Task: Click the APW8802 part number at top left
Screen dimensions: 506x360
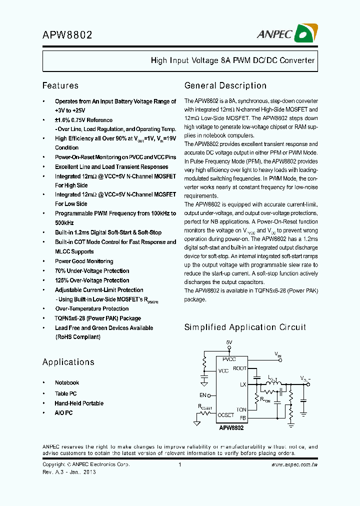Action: (x=67, y=35)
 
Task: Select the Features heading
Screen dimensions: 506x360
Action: (x=60, y=85)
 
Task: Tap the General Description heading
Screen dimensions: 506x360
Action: (x=225, y=85)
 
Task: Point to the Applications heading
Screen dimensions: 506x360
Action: (x=68, y=362)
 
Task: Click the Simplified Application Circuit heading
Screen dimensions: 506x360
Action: (x=245, y=327)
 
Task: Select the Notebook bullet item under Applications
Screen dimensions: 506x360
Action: (x=67, y=382)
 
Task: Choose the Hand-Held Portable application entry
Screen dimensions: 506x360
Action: (x=79, y=403)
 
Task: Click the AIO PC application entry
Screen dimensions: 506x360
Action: (x=63, y=413)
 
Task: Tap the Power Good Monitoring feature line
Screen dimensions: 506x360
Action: (x=84, y=261)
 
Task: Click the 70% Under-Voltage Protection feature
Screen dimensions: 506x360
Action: (x=92, y=271)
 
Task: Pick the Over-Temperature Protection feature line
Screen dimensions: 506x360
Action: (x=92, y=309)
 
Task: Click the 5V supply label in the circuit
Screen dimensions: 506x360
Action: (x=229, y=342)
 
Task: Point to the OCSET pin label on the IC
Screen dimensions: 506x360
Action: (x=226, y=415)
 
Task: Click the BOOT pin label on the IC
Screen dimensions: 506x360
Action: (x=240, y=368)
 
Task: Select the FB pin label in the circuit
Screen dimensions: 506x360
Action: (x=243, y=417)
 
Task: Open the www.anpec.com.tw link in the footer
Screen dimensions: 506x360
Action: (x=294, y=465)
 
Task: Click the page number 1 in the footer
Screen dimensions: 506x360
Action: (x=179, y=465)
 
